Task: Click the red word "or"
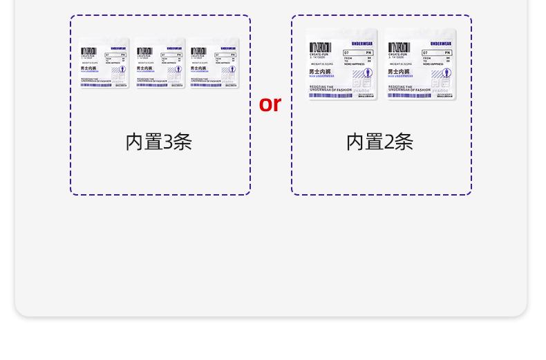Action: click(x=270, y=104)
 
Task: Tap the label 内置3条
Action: click(x=158, y=142)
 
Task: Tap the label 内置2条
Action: click(x=379, y=142)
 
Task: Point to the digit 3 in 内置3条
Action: click(x=169, y=142)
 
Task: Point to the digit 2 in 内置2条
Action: click(x=390, y=142)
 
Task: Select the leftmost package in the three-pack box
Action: click(x=104, y=63)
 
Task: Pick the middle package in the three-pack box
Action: click(x=159, y=63)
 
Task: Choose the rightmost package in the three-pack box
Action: click(x=214, y=63)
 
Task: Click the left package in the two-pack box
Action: click(x=341, y=64)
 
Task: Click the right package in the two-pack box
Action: click(x=420, y=64)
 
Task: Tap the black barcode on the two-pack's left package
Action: click(x=321, y=48)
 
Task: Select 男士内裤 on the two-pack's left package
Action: click(x=319, y=71)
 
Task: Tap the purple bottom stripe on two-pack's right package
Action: click(x=409, y=95)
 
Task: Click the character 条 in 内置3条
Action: click(x=182, y=142)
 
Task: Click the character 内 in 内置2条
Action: click(x=355, y=142)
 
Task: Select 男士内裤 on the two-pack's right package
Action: click(x=398, y=71)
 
